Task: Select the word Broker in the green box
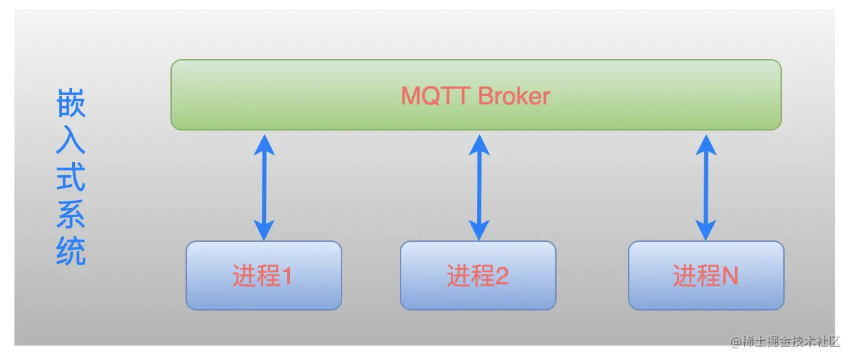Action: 514,96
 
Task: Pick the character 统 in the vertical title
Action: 71,252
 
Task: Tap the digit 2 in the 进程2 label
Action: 502,277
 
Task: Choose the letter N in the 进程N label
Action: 730,277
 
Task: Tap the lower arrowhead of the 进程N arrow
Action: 706,230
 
